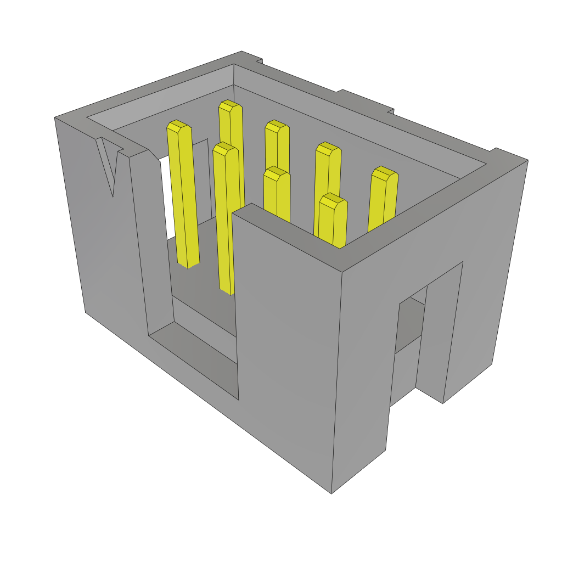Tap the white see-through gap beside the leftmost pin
click(168, 198)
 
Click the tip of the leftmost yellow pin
click(179, 126)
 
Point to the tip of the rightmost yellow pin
click(385, 173)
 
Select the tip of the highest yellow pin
click(230, 105)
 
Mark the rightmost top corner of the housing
click(527, 160)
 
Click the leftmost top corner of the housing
click(55, 117)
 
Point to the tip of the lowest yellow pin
click(333, 200)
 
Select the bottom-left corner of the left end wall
click(86, 312)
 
